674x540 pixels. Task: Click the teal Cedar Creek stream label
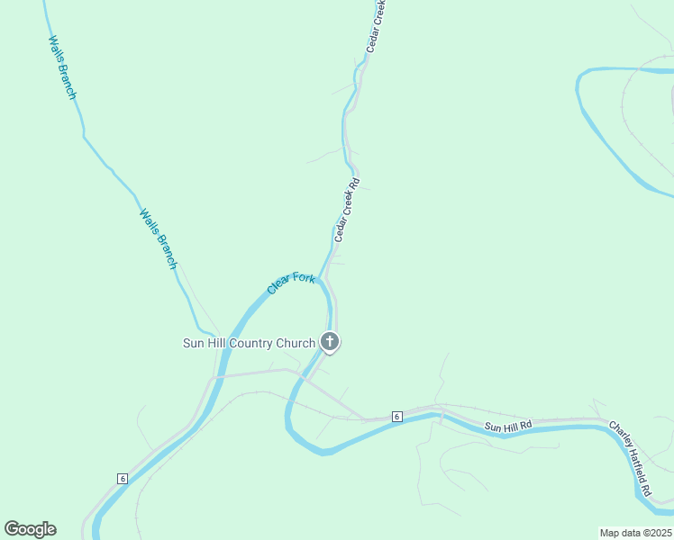point(377,26)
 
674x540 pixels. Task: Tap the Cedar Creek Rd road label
point(347,210)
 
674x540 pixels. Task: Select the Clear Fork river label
point(291,283)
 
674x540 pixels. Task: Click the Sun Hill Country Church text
point(249,343)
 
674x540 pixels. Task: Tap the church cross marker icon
point(331,341)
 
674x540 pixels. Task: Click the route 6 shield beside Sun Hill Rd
point(396,416)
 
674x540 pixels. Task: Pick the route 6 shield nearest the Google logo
point(123,478)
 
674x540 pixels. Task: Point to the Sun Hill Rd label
point(508,425)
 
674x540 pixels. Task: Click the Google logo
point(30,529)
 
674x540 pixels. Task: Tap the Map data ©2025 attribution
point(636,533)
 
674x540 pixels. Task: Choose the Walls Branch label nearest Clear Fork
point(158,239)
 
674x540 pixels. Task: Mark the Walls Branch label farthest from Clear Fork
point(62,67)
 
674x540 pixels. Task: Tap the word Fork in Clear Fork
point(304,279)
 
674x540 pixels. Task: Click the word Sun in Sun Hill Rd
point(492,425)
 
